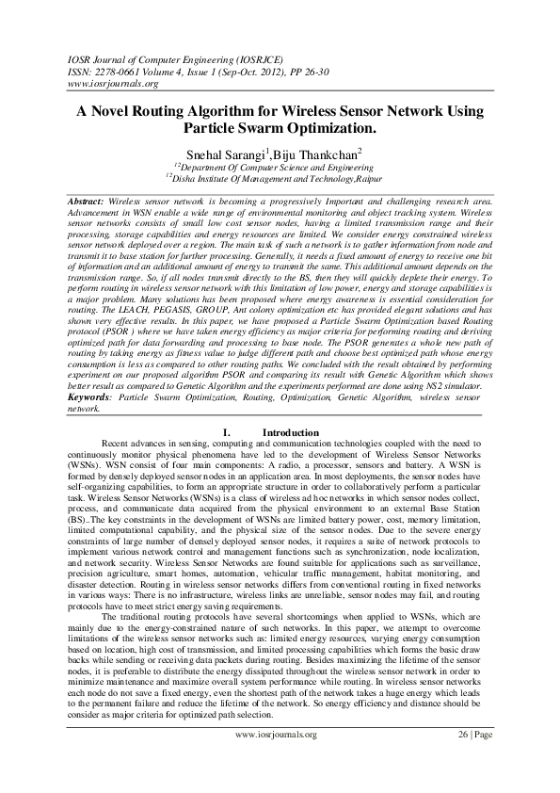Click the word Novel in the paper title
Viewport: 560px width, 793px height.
[116, 111]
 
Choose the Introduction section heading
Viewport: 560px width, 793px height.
[291, 432]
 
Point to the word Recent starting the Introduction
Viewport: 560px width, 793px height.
[120, 443]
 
